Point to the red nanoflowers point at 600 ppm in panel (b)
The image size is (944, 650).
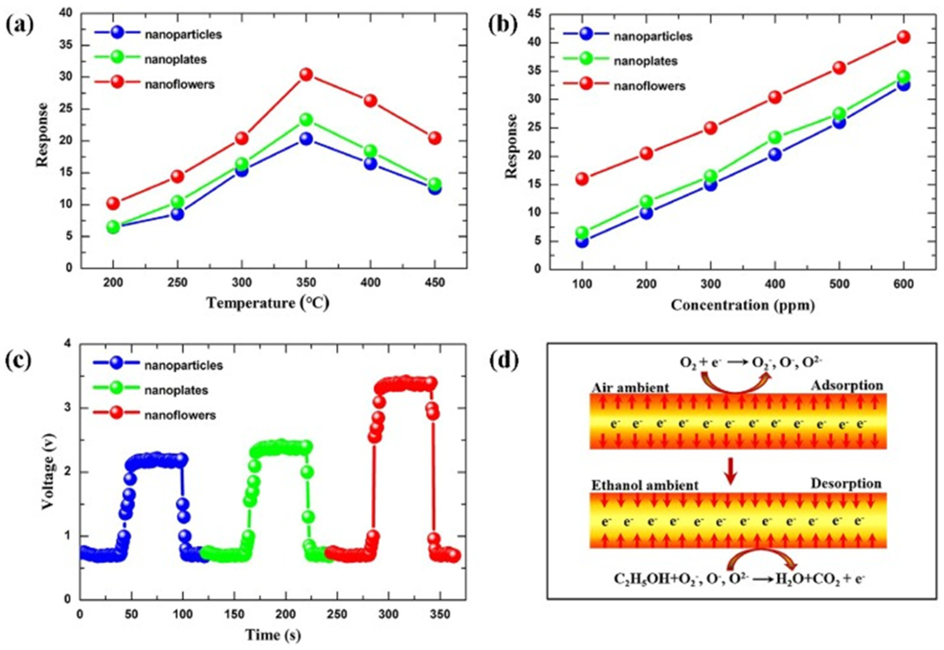pyautogui.click(x=904, y=37)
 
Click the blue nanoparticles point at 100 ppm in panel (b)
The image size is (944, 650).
pyautogui.click(x=582, y=241)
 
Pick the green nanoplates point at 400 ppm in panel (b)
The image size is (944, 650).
pyautogui.click(x=775, y=138)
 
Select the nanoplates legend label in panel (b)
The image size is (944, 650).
pyautogui.click(x=645, y=61)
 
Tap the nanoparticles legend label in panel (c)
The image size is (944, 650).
pyautogui.click(x=184, y=365)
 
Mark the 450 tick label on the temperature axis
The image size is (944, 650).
pyautogui.click(x=435, y=282)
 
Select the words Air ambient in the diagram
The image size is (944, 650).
pyautogui.click(x=630, y=387)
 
